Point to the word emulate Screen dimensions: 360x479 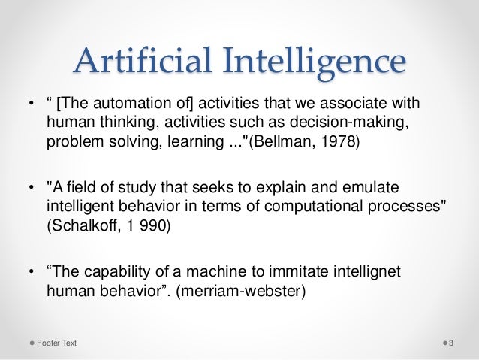coord(393,186)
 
